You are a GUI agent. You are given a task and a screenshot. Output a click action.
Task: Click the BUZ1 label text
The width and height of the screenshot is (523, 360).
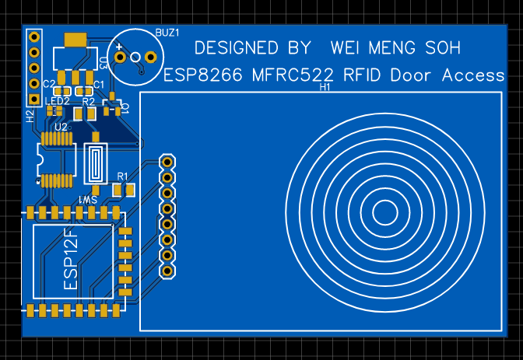click(x=167, y=33)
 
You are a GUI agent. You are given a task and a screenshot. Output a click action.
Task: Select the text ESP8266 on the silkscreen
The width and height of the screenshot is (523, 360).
click(x=203, y=75)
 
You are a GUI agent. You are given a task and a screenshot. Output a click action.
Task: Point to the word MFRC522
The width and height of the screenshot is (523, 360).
click(x=293, y=75)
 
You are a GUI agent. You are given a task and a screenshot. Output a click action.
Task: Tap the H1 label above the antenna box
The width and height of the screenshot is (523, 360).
click(x=325, y=87)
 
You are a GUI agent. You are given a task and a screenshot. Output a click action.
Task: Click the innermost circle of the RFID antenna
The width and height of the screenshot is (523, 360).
click(x=384, y=211)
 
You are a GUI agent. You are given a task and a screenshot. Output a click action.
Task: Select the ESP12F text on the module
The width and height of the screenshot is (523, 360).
click(x=70, y=260)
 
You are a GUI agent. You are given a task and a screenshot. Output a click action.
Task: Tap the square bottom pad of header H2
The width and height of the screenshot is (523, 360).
click(x=33, y=100)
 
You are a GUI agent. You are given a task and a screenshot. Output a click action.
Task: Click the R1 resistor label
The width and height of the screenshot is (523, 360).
click(x=122, y=176)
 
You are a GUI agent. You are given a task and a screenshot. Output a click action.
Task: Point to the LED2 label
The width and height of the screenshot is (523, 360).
click(x=58, y=101)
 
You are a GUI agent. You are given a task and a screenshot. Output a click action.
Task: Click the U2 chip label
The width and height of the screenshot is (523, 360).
click(x=60, y=126)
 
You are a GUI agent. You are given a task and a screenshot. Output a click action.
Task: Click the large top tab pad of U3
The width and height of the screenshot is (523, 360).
click(x=75, y=40)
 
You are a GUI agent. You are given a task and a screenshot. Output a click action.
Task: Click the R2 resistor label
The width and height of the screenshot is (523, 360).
click(x=88, y=101)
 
